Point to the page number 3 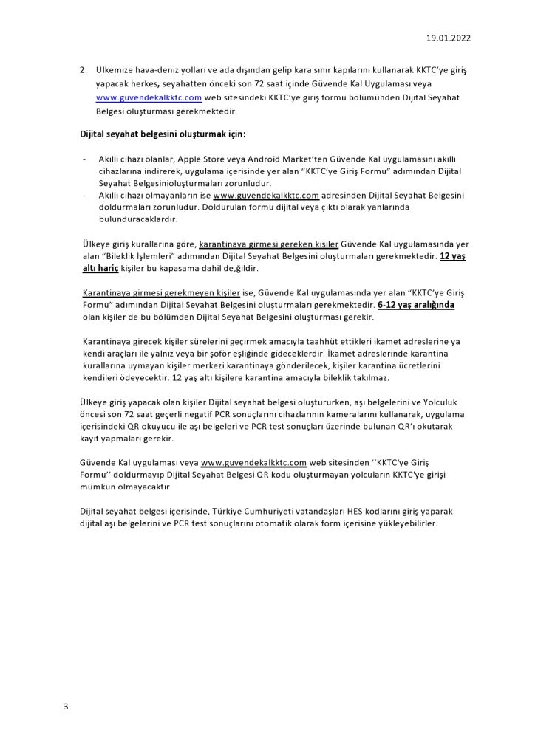coord(66,707)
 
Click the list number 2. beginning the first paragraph coord(84,69)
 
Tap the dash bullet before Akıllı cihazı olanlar coord(85,159)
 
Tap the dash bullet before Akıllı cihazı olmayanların coord(85,196)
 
